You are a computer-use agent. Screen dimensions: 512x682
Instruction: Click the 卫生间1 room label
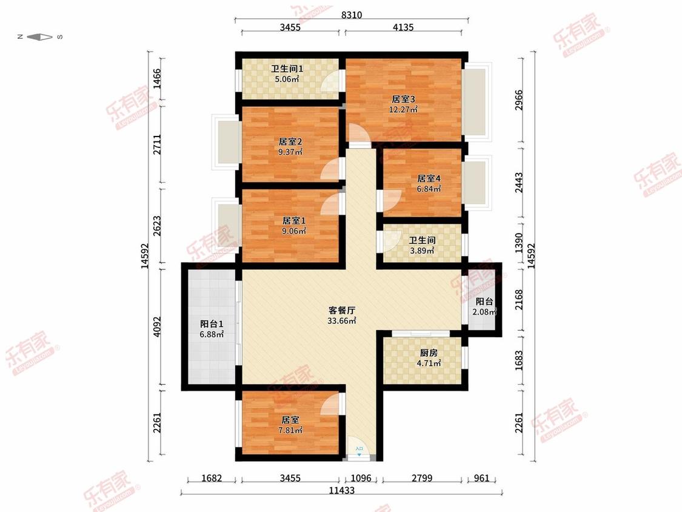(287, 69)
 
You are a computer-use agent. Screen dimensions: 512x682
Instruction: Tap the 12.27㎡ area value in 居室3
(403, 110)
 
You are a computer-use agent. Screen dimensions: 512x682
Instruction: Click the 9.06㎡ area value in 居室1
(292, 231)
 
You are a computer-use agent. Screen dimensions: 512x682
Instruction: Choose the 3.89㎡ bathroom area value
(422, 251)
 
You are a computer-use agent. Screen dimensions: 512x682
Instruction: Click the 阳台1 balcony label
(212, 323)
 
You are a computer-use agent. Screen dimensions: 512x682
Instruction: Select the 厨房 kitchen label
(429, 352)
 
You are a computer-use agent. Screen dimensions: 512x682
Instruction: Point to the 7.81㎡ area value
(290, 430)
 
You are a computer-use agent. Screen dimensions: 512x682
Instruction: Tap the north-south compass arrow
(40, 37)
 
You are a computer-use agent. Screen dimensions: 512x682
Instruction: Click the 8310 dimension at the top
(352, 16)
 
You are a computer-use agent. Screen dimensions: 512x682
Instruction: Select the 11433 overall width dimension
(342, 490)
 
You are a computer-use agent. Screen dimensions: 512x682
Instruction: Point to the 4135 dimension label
(403, 27)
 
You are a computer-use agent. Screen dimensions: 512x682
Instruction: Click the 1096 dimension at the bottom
(361, 479)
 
